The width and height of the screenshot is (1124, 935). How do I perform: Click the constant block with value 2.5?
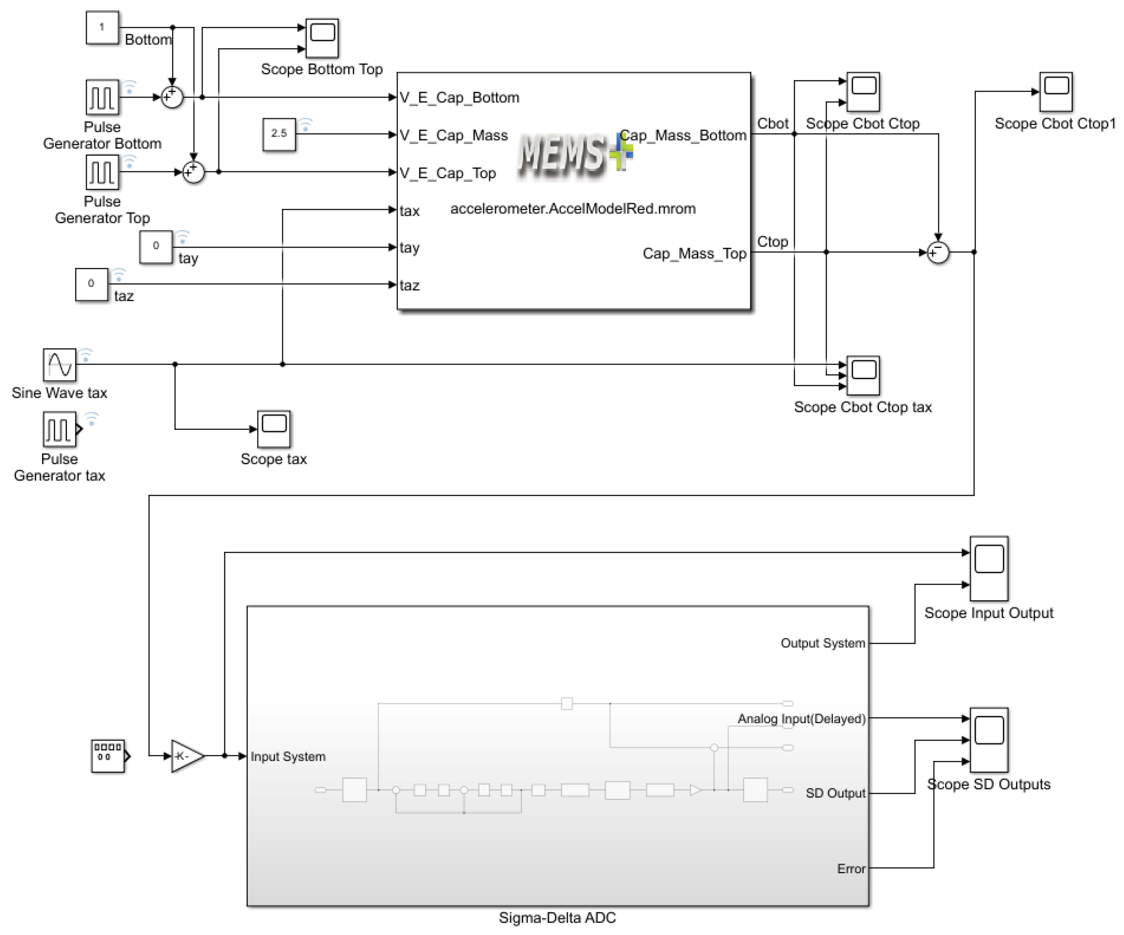click(279, 134)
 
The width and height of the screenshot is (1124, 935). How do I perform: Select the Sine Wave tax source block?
click(59, 365)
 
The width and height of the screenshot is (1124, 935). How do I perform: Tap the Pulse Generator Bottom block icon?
click(102, 97)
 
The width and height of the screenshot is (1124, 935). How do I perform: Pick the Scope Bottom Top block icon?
click(322, 38)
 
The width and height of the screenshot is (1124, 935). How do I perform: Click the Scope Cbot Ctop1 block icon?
click(1056, 91)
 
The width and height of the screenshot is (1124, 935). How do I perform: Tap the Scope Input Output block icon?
click(989, 569)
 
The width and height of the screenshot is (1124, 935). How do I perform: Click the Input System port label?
click(288, 756)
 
